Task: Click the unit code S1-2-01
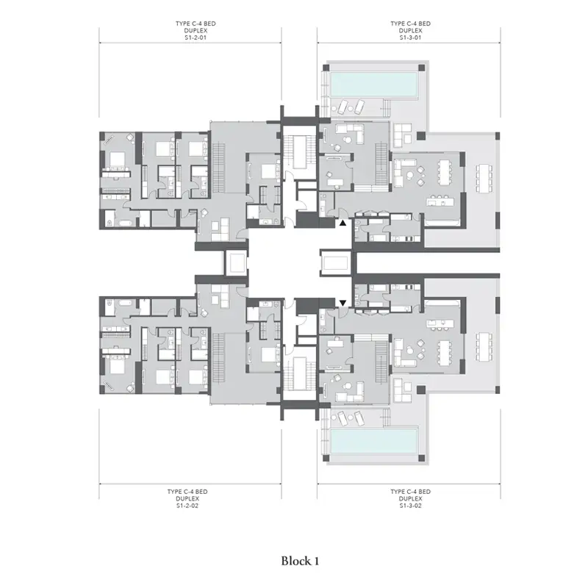(x=196, y=38)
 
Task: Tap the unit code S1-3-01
(x=410, y=38)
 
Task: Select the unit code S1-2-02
(x=187, y=506)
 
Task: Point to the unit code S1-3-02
(x=410, y=506)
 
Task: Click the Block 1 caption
(x=300, y=561)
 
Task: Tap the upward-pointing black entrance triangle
(x=343, y=223)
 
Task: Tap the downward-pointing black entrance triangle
(x=343, y=303)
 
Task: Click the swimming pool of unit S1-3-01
(x=374, y=85)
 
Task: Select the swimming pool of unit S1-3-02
(x=374, y=441)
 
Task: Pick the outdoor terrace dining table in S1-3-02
(x=484, y=348)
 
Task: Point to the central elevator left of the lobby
(x=235, y=263)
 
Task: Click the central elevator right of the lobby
(x=336, y=263)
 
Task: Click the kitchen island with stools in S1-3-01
(x=440, y=201)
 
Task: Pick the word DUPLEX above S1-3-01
(x=410, y=31)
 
